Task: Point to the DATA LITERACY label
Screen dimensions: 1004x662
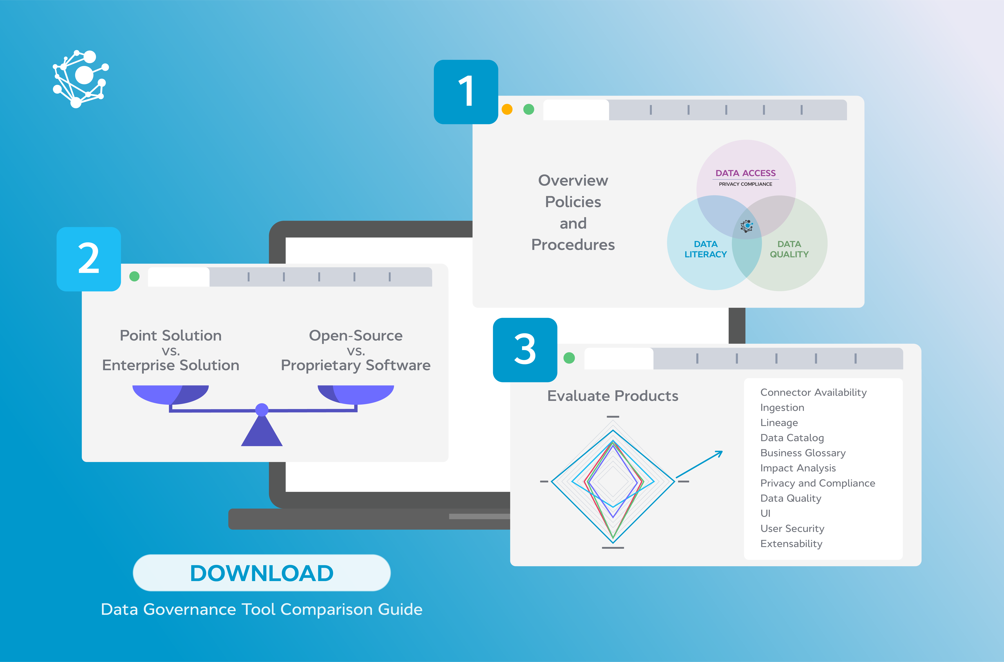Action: (x=706, y=249)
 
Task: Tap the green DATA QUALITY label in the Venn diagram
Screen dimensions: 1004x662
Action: (x=789, y=249)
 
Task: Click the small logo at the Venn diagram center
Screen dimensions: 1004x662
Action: (x=746, y=226)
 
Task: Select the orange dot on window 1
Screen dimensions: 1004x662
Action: (x=507, y=109)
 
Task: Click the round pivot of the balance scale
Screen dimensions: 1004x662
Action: (x=262, y=410)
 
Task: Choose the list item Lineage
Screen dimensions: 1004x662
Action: (x=779, y=423)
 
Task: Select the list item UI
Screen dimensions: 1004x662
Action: (x=765, y=513)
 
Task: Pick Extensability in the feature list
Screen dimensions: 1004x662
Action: (x=791, y=544)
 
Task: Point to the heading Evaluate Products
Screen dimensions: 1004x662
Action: (x=613, y=396)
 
